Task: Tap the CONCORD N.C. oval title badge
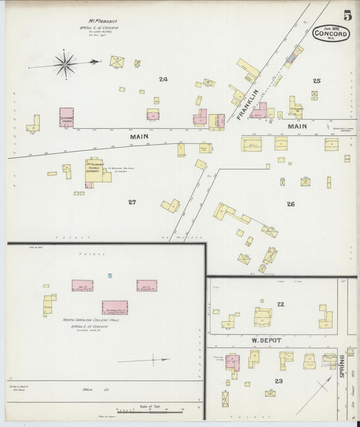331,33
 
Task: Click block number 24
163,80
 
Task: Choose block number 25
316,81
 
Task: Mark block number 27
132,201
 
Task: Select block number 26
290,203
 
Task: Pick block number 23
278,381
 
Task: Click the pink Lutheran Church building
66,116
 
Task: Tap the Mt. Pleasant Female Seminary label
98,168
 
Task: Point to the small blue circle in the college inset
110,276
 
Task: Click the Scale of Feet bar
149,410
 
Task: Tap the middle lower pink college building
114,307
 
